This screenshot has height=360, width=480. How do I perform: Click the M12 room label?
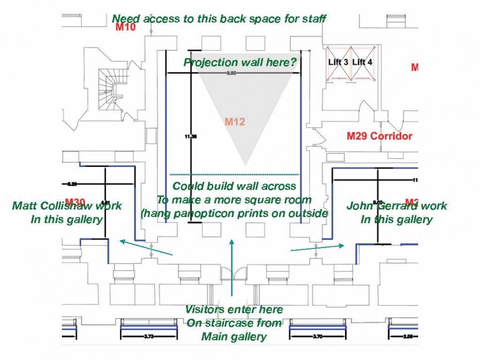[x=235, y=122]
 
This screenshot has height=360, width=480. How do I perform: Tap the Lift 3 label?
[x=338, y=62]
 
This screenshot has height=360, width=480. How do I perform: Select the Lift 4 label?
[x=363, y=62]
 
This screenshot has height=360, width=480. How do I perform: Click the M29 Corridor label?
[x=379, y=136]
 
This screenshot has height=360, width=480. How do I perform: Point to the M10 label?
[x=126, y=27]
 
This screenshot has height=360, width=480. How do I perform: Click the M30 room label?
[x=75, y=202]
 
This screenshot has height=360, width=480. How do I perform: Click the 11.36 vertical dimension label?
[x=190, y=137]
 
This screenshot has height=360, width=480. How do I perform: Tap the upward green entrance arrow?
[x=231, y=267]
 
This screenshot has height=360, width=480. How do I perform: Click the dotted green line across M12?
[x=234, y=174]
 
